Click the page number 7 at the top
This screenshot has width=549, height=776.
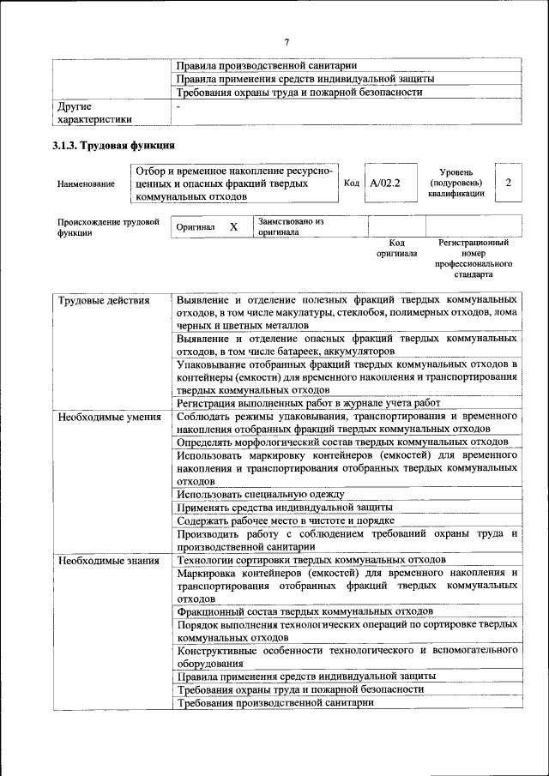287,41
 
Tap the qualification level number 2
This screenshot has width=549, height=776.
509,183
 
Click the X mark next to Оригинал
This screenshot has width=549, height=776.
232,227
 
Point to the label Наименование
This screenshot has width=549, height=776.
86,183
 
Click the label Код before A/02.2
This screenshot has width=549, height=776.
351,183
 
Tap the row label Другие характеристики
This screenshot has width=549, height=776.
94,113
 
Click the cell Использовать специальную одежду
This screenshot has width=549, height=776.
261,494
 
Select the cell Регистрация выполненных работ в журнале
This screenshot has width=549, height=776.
308,403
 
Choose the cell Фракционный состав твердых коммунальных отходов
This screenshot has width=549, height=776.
305,611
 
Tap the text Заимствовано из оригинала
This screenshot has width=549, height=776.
290,226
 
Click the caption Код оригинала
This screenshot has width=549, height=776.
395,248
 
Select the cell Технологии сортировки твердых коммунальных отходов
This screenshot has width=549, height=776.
311,560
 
